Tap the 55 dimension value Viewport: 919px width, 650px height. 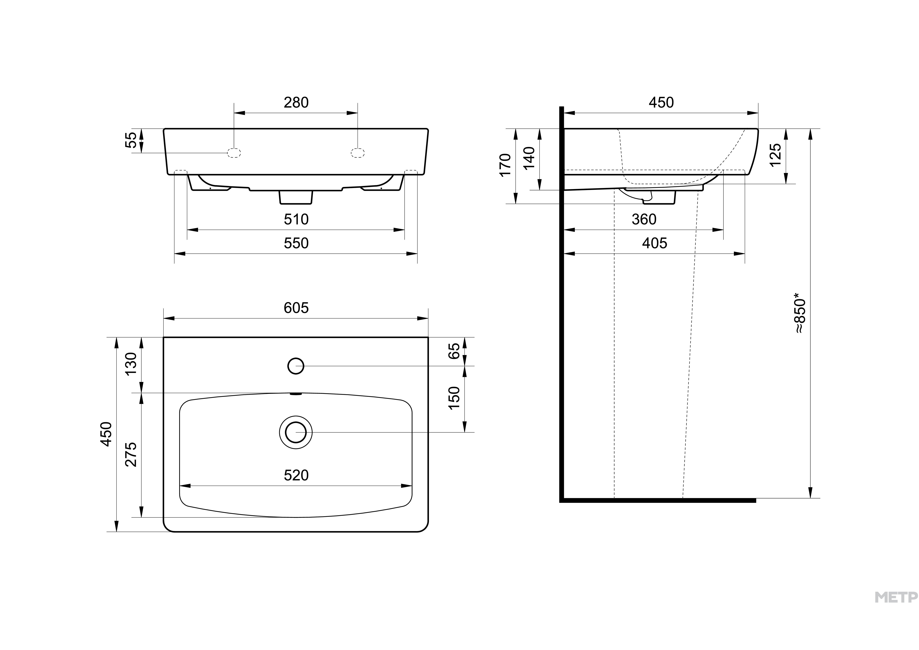coord(131,140)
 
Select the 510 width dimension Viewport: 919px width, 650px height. coord(296,219)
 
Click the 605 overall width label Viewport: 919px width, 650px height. coord(296,308)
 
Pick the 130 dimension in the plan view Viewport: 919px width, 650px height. coord(131,364)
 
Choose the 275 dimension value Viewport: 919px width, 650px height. coord(131,454)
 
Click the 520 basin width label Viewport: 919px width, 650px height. coord(296,475)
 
